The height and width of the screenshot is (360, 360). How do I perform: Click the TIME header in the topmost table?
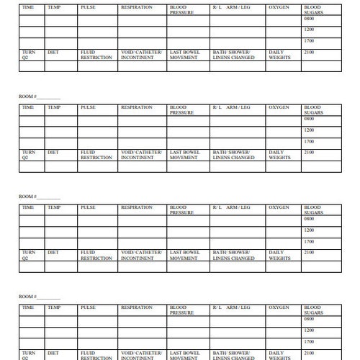click(x=28, y=7)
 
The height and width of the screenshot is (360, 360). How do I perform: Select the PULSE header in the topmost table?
click(x=88, y=7)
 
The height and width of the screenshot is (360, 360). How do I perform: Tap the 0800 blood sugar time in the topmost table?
click(x=309, y=18)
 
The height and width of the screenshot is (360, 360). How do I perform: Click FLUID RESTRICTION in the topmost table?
click(x=96, y=55)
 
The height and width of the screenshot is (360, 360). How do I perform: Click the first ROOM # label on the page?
click(x=27, y=96)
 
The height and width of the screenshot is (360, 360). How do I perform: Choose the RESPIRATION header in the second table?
click(x=136, y=107)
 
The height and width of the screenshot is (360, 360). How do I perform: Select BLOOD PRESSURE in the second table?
click(x=181, y=109)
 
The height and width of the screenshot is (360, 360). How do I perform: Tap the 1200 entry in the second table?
click(x=309, y=130)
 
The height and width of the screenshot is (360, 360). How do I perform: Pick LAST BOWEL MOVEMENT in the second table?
click(x=185, y=155)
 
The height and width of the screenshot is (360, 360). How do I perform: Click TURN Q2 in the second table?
click(x=28, y=155)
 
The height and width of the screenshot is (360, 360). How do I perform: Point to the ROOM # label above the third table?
click(x=27, y=196)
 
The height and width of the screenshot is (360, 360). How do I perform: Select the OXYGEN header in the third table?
click(x=279, y=207)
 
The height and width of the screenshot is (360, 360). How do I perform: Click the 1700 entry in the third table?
click(x=309, y=242)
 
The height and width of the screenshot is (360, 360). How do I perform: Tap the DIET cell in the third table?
click(x=53, y=253)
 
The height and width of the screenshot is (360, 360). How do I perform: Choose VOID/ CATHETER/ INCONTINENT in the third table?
click(x=142, y=255)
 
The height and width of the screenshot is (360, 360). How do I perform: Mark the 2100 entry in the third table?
click(x=309, y=253)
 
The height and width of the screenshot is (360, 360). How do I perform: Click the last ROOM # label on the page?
click(x=27, y=296)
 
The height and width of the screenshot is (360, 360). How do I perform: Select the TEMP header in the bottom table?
click(x=54, y=307)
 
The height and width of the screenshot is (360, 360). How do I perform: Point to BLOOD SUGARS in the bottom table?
click(x=313, y=310)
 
